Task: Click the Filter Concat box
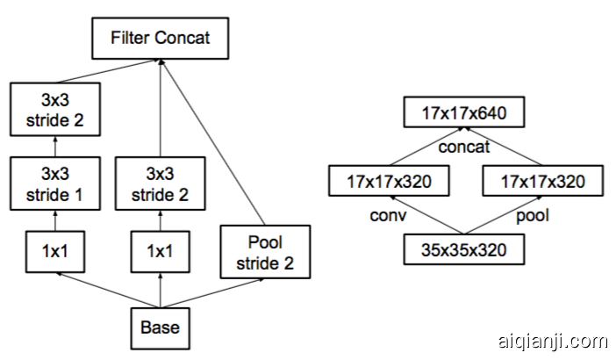coord(160,39)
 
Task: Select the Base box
coord(160,328)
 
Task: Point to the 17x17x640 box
coord(463,112)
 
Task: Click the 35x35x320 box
coord(463,250)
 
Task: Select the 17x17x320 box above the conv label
coord(388,182)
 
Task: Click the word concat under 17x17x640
coord(463,146)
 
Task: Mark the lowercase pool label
coord(532,215)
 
